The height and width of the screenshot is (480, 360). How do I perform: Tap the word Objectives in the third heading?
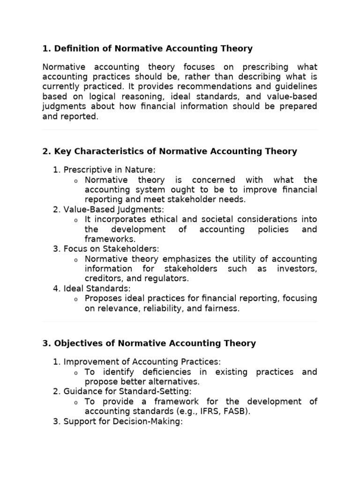pyautogui.click(x=77, y=344)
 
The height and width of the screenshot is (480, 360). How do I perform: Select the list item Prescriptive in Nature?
pyautogui.click(x=109, y=170)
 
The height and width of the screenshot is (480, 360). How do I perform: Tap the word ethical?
pyautogui.click(x=168, y=219)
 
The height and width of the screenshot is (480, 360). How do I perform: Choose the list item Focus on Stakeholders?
pyautogui.click(x=112, y=249)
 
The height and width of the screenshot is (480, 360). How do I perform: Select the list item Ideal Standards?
pyautogui.click(x=97, y=288)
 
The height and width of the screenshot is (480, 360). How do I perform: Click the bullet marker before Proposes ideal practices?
pyautogui.click(x=76, y=299)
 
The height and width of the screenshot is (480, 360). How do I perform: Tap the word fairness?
pyautogui.click(x=222, y=308)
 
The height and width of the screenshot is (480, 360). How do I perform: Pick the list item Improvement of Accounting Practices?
pyautogui.click(x=142, y=361)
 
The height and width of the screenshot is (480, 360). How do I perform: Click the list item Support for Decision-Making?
pyautogui.click(x=123, y=421)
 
